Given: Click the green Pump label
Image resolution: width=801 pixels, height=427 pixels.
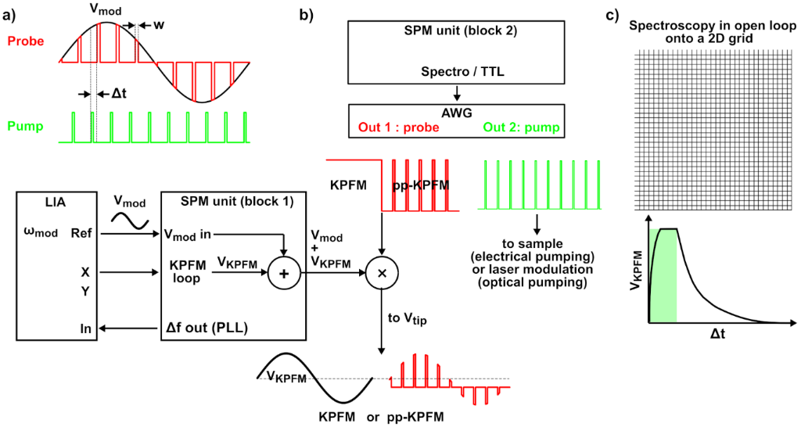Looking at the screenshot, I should click(25, 126).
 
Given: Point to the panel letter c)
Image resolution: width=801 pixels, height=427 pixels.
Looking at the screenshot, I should click(616, 13).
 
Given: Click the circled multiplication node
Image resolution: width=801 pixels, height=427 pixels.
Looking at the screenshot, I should click(381, 273).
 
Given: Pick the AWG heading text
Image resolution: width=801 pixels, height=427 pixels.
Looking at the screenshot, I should click(456, 113).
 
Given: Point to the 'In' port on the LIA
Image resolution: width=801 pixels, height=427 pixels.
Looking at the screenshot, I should click(85, 329).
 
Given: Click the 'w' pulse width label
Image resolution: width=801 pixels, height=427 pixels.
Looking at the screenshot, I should click(160, 26).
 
